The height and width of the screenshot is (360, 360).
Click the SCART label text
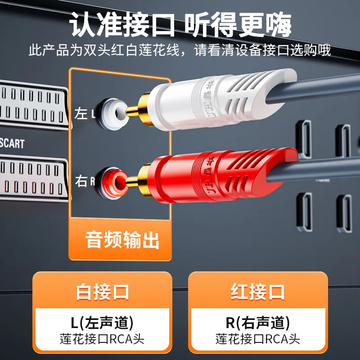coord(12,144)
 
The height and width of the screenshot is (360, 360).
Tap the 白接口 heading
coord(102,291)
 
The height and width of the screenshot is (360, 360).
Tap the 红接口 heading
coord(257,291)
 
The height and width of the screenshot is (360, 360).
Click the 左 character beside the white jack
coord(81,113)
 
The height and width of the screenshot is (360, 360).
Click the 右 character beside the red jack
coord(81,181)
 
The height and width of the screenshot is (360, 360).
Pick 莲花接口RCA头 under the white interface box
coord(102,339)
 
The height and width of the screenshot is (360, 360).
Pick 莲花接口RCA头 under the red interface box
coord(257,339)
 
